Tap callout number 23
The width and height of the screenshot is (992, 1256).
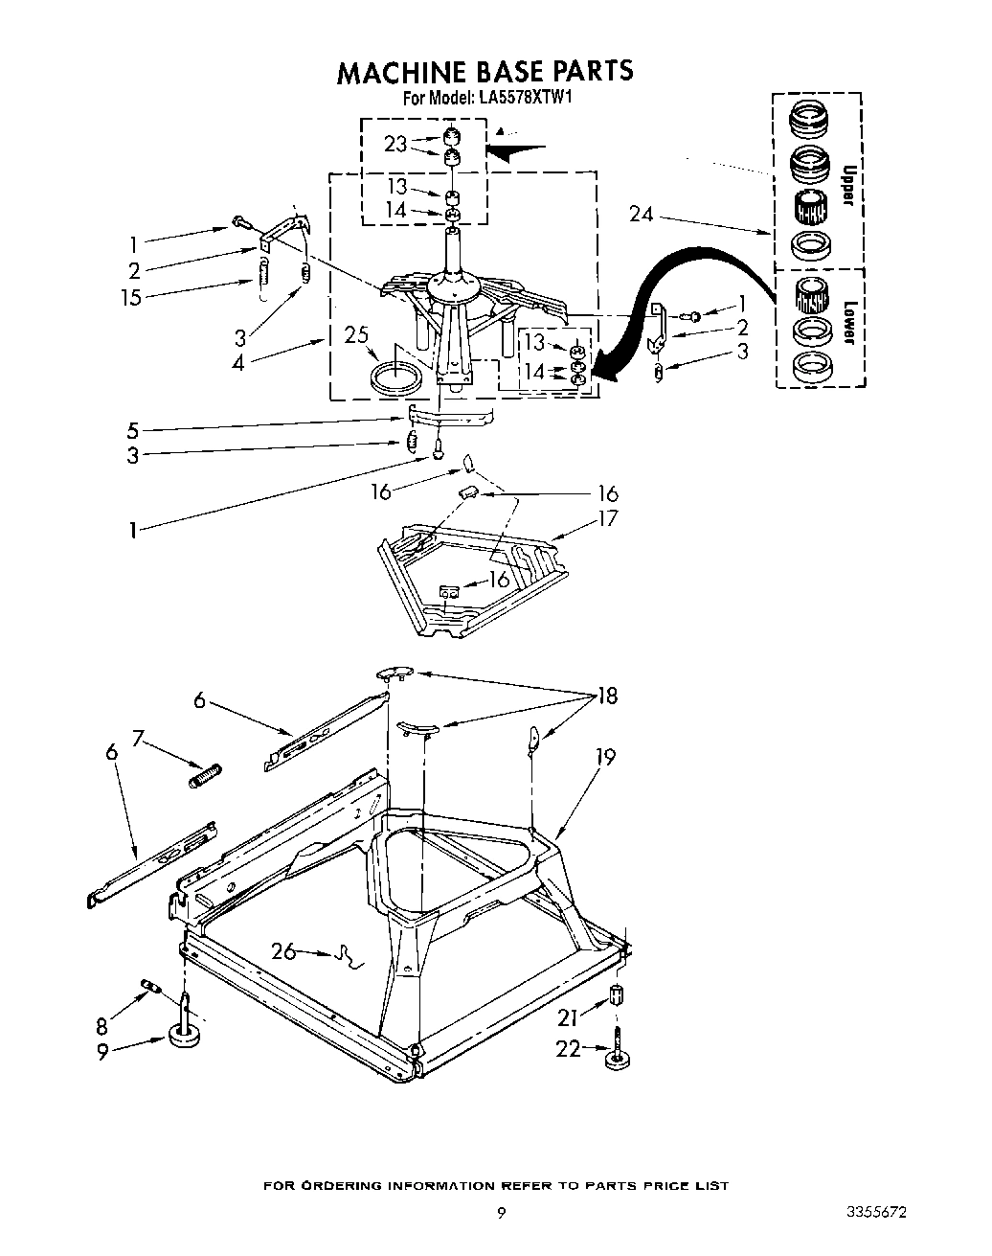[x=395, y=144]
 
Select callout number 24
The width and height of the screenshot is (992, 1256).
[x=641, y=215]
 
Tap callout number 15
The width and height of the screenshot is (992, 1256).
[x=130, y=297]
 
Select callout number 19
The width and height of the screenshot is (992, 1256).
[x=604, y=757]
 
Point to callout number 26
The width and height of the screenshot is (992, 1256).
[x=283, y=951]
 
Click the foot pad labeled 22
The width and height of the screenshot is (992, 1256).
[x=615, y=1058]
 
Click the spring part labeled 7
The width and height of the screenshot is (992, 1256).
[x=206, y=773]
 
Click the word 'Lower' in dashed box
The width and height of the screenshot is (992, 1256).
[x=847, y=323]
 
